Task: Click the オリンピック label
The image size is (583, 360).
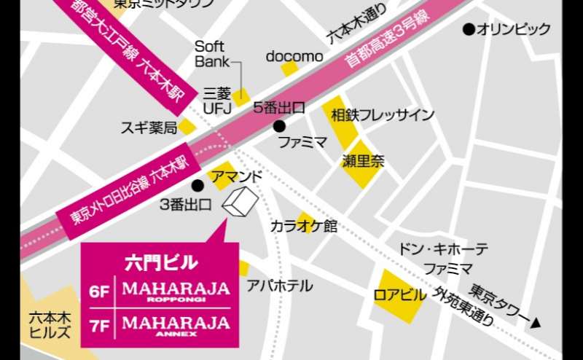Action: (x=514, y=30)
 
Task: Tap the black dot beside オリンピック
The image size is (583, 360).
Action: (x=469, y=30)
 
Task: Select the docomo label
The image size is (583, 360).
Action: (x=294, y=56)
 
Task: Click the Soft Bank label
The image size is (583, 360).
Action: (x=212, y=54)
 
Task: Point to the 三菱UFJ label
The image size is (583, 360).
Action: (x=216, y=101)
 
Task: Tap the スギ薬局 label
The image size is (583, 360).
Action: (x=149, y=128)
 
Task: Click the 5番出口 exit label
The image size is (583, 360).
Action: (x=278, y=108)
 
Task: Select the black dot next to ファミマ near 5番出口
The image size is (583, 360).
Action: (x=278, y=126)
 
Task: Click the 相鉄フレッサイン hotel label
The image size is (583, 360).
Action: (x=382, y=114)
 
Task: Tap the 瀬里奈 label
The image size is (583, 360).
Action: (x=363, y=161)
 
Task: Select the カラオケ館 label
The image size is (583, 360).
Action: (x=304, y=226)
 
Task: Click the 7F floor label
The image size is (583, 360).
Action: (x=98, y=321)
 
